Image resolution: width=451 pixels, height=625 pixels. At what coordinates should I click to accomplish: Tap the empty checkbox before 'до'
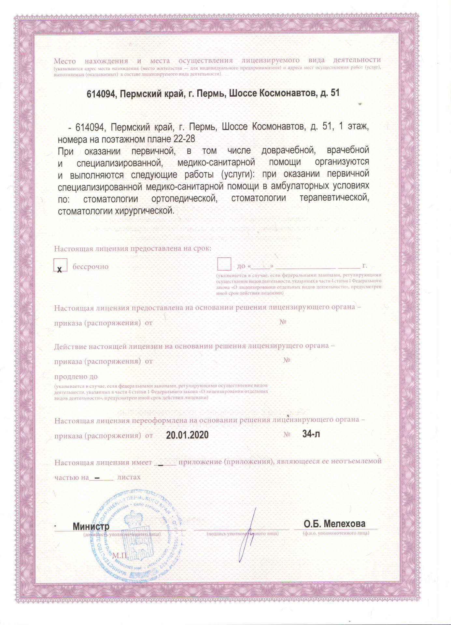click(224, 264)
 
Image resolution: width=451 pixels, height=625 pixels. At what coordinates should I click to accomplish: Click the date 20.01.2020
click(187, 435)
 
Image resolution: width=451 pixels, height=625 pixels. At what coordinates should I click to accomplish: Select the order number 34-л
click(311, 434)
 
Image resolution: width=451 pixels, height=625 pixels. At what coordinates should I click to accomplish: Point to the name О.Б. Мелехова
click(334, 524)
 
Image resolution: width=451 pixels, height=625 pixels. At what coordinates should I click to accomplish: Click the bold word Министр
click(91, 526)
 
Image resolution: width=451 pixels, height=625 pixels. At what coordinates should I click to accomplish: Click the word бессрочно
click(90, 267)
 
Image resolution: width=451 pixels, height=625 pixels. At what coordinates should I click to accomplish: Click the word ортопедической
click(184, 199)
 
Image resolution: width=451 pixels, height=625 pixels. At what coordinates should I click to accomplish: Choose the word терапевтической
click(334, 198)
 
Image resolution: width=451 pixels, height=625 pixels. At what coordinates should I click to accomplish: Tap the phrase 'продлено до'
click(76, 377)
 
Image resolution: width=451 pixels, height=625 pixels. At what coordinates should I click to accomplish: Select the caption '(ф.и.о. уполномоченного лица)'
click(336, 533)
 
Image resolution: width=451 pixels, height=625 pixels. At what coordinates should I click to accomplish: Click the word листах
click(129, 477)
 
